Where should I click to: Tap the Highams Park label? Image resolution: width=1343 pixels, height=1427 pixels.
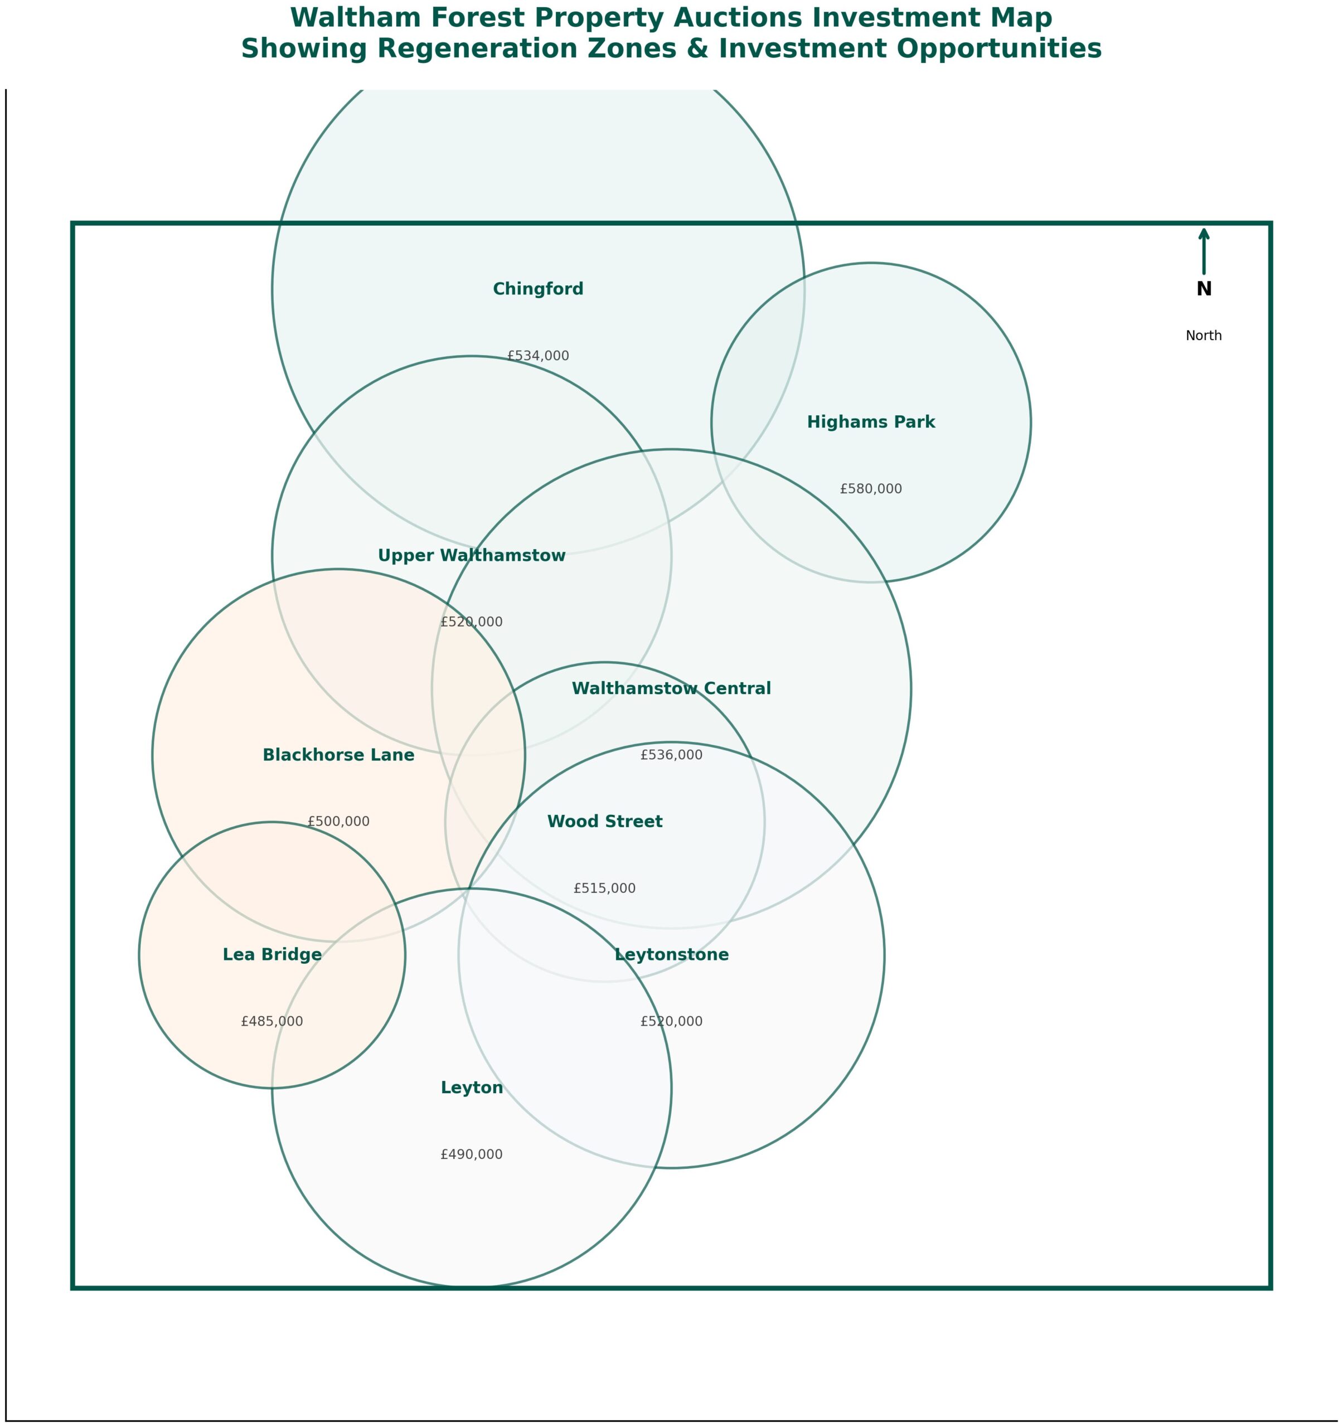pyautogui.click(x=871, y=422)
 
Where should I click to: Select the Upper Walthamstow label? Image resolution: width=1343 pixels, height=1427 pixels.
pyautogui.click(x=472, y=556)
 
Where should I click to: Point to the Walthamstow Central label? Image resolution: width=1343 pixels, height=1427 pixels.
pyautogui.click(x=671, y=688)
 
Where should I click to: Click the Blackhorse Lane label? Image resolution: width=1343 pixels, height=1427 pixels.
pyautogui.click(x=339, y=755)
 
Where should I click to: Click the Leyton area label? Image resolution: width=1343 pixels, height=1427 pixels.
pyautogui.click(x=472, y=1088)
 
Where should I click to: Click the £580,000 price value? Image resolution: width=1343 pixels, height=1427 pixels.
pyautogui.click(x=871, y=489)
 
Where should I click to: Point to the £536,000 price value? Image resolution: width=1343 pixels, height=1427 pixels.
pyautogui.click(x=671, y=755)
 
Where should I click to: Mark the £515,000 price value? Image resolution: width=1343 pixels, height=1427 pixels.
pyautogui.click(x=604, y=889)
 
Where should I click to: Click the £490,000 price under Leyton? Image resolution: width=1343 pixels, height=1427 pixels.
pyautogui.click(x=472, y=1155)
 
